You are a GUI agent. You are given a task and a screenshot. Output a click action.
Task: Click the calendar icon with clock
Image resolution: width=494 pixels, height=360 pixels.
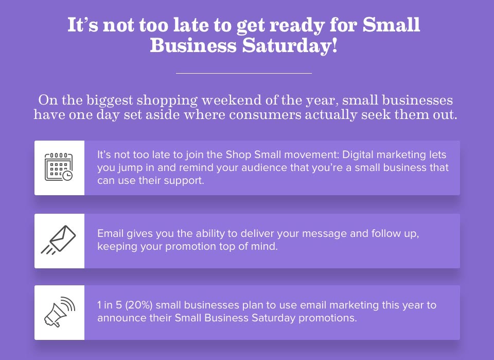point(59,167)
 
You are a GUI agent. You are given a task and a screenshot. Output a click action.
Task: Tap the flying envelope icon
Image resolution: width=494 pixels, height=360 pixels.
point(59,240)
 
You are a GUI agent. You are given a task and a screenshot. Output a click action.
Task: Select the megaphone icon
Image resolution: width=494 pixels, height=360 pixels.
point(59,312)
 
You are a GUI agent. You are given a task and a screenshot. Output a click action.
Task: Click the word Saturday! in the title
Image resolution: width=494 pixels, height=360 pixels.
point(290,46)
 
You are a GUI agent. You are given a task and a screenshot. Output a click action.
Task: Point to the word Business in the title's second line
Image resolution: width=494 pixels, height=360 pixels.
point(193,46)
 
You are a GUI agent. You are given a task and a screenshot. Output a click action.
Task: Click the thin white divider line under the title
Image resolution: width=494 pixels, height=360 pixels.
point(244,73)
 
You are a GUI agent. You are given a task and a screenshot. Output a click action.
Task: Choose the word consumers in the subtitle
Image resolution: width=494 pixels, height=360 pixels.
point(266,114)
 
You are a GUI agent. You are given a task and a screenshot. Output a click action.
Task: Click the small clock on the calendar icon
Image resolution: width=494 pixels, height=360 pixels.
point(67,176)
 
